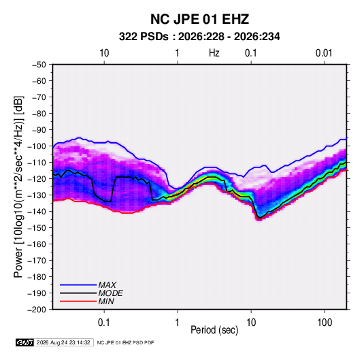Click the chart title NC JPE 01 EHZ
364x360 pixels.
click(x=199, y=19)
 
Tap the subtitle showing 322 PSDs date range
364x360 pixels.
click(x=199, y=37)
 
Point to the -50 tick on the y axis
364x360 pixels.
click(x=39, y=65)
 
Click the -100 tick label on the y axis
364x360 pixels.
click(x=37, y=146)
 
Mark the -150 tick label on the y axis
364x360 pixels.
click(x=37, y=228)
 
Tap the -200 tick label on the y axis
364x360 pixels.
click(x=37, y=310)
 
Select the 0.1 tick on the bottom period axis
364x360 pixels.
click(x=104, y=323)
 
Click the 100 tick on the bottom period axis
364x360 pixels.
click(x=325, y=323)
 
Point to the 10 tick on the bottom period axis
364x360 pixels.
click(x=251, y=323)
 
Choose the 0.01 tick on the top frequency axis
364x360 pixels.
click(x=324, y=53)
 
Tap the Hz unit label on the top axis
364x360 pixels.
click(x=214, y=53)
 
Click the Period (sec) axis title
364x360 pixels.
click(x=214, y=330)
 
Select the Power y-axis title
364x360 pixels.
click(x=18, y=187)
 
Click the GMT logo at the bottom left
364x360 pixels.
click(x=25, y=342)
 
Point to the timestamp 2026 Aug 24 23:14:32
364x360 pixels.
click(x=63, y=342)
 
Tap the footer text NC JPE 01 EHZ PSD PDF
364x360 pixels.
click(x=125, y=342)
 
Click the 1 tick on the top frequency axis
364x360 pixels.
click(x=178, y=53)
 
